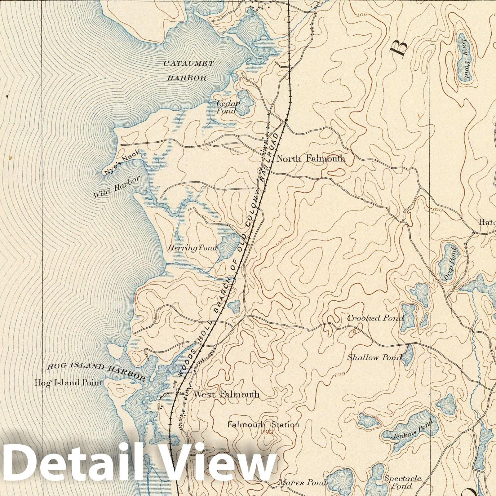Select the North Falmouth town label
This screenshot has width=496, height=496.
310,159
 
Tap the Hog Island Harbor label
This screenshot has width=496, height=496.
96,371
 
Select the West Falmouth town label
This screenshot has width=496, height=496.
226,394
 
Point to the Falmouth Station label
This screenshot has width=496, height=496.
263,425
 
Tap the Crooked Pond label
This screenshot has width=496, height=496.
375,318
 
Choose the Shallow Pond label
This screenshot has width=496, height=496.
374,357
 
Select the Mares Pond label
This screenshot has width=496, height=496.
302,482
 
